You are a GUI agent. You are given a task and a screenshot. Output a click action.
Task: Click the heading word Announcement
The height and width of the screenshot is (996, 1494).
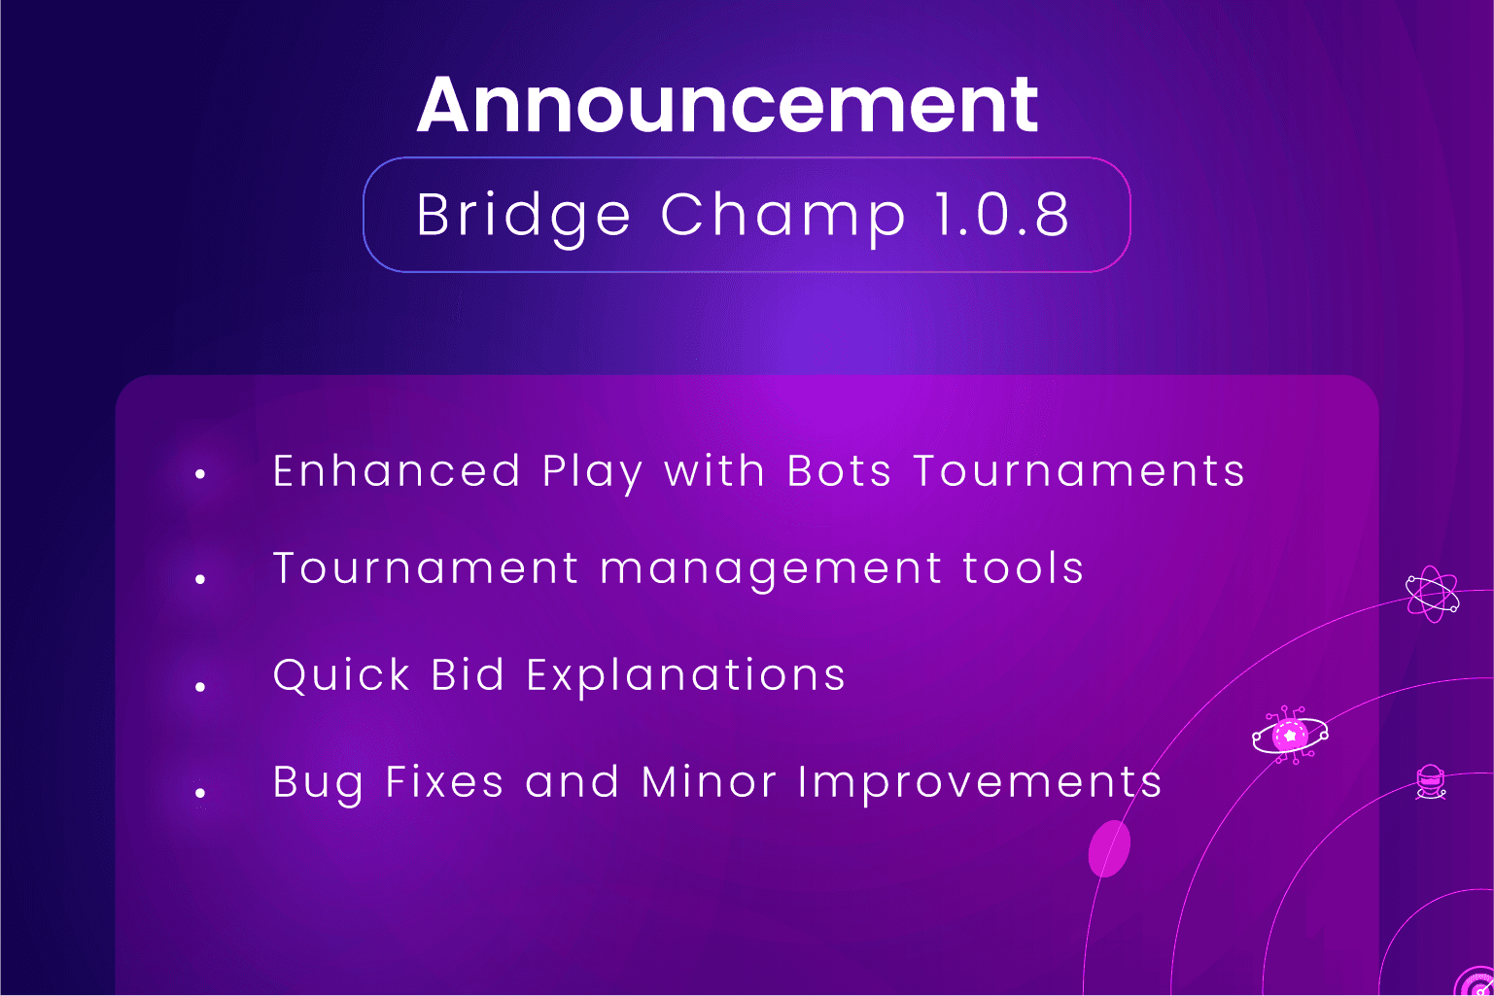pyautogui.click(x=727, y=105)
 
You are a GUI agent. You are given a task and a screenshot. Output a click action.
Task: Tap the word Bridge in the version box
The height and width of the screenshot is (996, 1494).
pyautogui.click(x=523, y=215)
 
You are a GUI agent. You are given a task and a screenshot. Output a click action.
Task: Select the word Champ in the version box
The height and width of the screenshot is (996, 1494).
pyautogui.click(x=783, y=215)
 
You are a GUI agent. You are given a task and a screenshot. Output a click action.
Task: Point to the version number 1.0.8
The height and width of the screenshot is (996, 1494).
pyautogui.click(x=1001, y=215)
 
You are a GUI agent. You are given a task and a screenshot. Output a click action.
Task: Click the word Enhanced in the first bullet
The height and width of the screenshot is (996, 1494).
pyautogui.click(x=397, y=471)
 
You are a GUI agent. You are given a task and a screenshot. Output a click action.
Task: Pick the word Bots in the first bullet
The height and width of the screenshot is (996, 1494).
pyautogui.click(x=839, y=471)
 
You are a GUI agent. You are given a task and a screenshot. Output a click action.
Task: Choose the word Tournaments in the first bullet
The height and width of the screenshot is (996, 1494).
pyautogui.click(x=1079, y=471)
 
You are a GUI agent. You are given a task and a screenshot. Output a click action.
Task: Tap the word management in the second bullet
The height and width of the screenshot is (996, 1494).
pyautogui.click(x=771, y=569)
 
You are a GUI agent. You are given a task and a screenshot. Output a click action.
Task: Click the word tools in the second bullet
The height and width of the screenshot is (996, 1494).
pyautogui.click(x=1023, y=568)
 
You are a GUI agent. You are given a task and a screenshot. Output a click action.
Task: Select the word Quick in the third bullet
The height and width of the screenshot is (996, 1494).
pyautogui.click(x=341, y=675)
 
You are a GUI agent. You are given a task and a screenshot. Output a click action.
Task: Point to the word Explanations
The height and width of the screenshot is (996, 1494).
pyautogui.click(x=686, y=675)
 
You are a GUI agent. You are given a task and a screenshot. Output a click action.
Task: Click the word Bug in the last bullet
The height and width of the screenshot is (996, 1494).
pyautogui.click(x=318, y=783)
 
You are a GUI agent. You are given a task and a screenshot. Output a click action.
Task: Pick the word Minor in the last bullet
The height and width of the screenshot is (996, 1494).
pyautogui.click(x=709, y=782)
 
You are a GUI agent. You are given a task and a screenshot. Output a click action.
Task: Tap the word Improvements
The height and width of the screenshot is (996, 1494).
pyautogui.click(x=980, y=783)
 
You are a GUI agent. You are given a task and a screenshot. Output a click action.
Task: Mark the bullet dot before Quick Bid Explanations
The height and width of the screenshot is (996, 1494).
pyautogui.click(x=200, y=687)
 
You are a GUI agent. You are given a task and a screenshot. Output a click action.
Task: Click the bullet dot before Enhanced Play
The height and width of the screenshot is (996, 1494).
pyautogui.click(x=200, y=474)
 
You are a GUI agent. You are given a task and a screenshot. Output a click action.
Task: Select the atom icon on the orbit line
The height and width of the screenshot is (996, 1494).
pyautogui.click(x=1433, y=594)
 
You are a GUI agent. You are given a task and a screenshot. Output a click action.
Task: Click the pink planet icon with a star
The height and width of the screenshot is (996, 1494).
pyautogui.click(x=1290, y=736)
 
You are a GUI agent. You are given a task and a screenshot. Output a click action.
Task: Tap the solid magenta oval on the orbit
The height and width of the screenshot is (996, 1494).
pyautogui.click(x=1109, y=848)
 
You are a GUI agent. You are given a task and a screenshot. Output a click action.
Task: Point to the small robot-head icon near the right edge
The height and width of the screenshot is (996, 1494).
pyautogui.click(x=1431, y=781)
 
